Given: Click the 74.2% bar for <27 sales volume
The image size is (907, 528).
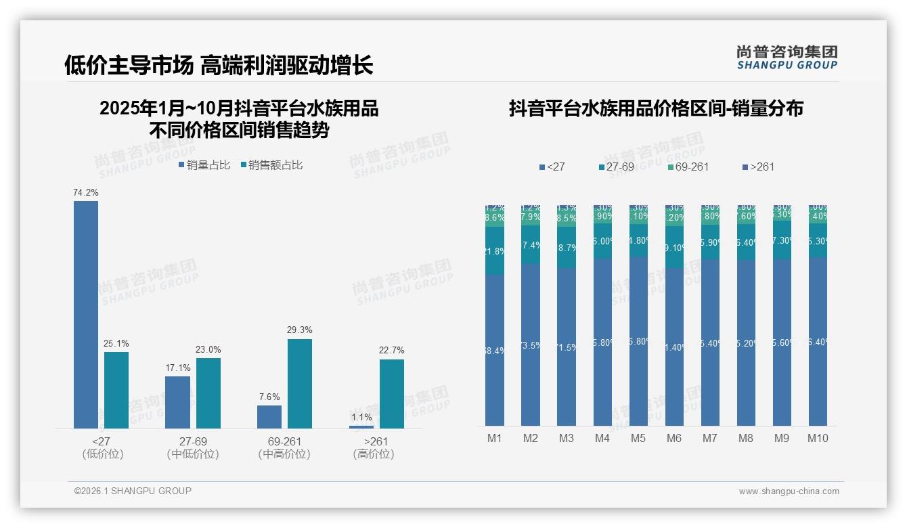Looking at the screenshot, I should click(86, 315).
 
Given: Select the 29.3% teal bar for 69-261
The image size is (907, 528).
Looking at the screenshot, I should click(300, 384).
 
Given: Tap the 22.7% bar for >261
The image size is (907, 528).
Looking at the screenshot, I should click(391, 394).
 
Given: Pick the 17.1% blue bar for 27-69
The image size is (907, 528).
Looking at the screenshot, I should click(177, 402).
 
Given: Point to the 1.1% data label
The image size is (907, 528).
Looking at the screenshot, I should click(361, 418).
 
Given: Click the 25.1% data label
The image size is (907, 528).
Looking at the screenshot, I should click(116, 344).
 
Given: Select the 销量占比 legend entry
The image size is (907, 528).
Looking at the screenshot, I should click(204, 165).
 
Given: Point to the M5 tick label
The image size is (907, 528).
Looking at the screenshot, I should click(638, 439).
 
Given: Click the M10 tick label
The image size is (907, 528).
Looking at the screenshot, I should click(818, 439).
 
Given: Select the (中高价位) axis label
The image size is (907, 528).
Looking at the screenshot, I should click(284, 454).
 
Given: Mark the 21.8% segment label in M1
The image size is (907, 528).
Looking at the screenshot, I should click(495, 251).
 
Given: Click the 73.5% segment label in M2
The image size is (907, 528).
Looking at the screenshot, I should click(531, 345).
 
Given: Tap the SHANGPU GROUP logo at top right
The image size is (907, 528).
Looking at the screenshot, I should click(787, 58).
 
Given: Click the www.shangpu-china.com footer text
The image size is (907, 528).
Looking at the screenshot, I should click(789, 491).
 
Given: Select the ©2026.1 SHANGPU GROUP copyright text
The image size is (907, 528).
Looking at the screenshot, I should click(133, 491).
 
